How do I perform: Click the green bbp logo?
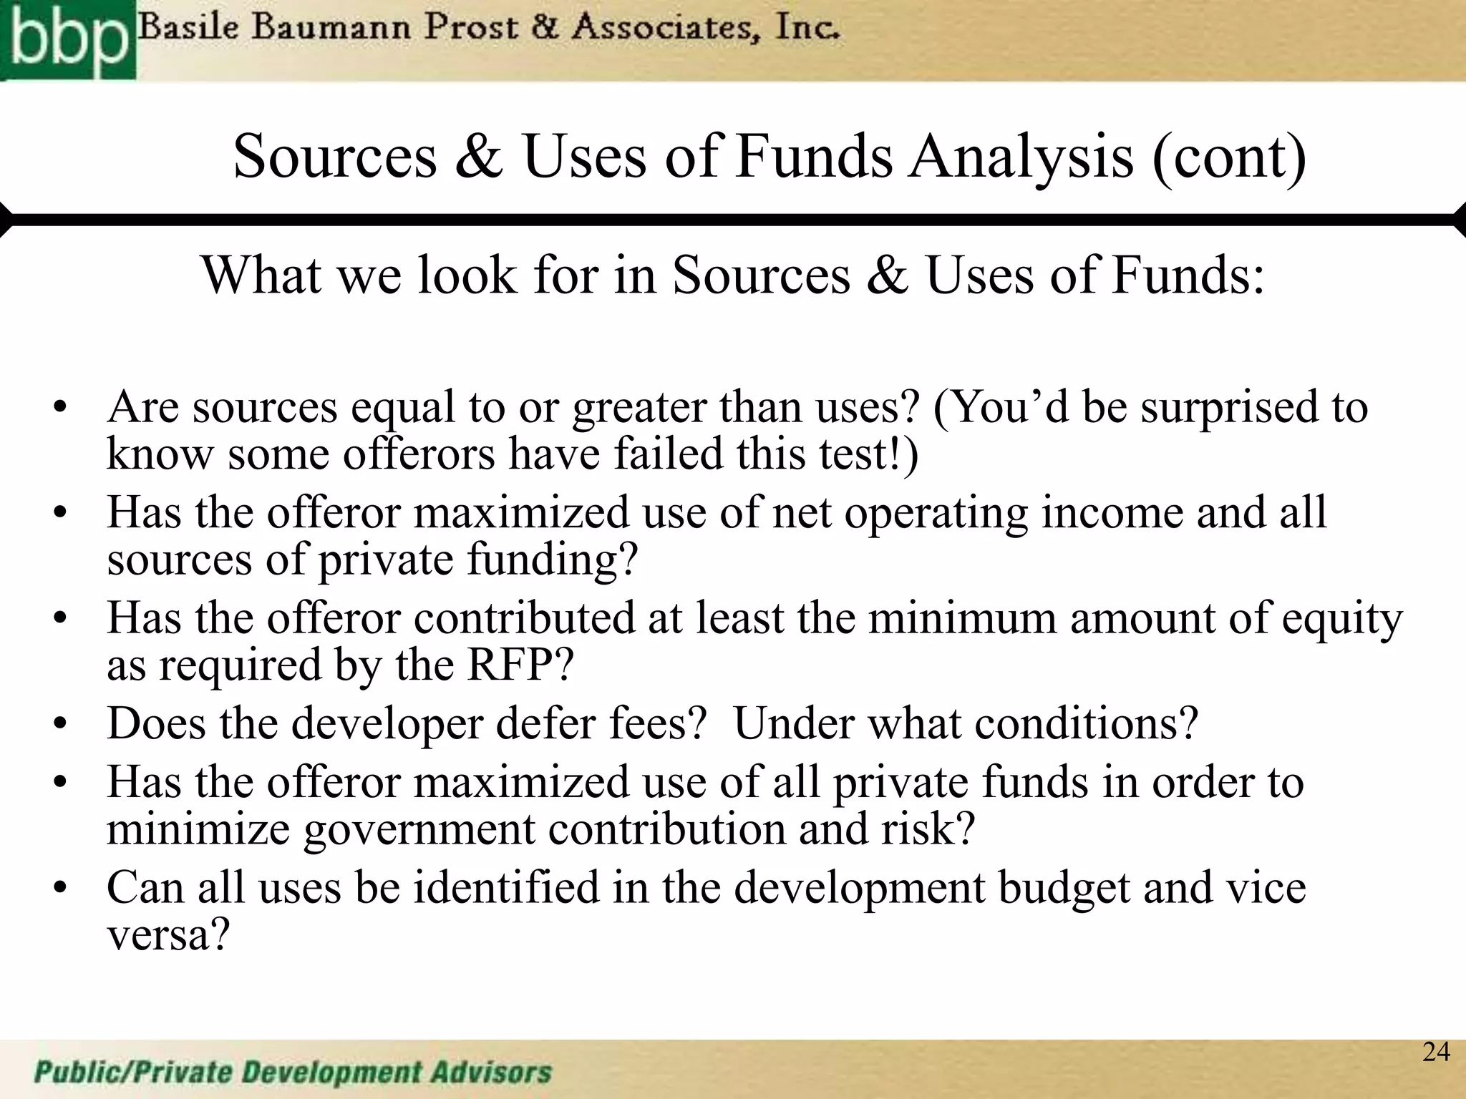click(67, 40)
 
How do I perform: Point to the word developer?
click(387, 723)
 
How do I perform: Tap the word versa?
click(168, 934)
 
